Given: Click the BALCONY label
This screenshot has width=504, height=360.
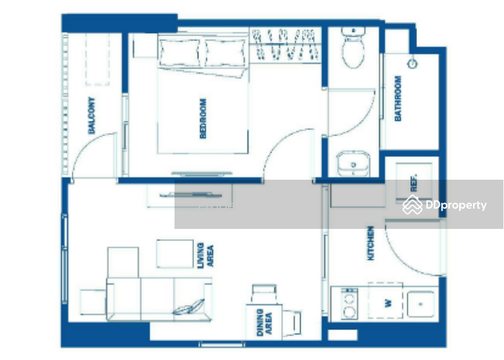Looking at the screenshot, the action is point(91,115).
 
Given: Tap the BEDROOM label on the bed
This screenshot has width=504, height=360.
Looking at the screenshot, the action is point(203,119).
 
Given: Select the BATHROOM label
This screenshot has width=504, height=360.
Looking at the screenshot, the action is point(398,98).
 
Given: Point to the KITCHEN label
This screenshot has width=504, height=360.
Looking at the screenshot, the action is point(370,243).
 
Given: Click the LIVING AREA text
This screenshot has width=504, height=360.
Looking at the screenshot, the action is point(205,255).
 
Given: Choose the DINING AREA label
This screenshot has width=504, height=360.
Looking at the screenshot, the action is point(264,322).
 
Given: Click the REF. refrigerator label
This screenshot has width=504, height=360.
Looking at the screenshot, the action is point(414,183).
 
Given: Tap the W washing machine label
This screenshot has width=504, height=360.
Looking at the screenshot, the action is point(388,303).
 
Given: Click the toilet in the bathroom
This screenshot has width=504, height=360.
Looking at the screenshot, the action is point(353,48).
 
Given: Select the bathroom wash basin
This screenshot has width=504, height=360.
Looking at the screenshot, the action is point(353,164).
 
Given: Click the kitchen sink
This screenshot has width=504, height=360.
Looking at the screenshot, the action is point(421,304).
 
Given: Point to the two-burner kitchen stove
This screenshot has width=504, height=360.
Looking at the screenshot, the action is point(350,304).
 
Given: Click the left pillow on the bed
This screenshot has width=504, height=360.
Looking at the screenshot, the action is point(180,53).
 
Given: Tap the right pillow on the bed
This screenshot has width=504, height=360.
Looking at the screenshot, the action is point(225,53).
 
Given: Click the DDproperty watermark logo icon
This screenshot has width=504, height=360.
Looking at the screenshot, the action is point(413,205).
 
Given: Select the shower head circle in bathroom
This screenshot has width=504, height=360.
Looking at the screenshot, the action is point(413,64).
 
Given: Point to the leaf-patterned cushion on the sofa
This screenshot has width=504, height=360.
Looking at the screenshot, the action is point(188,307).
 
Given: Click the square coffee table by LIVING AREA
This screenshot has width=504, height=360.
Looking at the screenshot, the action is point(175,253).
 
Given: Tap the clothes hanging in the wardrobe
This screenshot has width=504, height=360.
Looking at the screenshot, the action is point(285,44).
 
